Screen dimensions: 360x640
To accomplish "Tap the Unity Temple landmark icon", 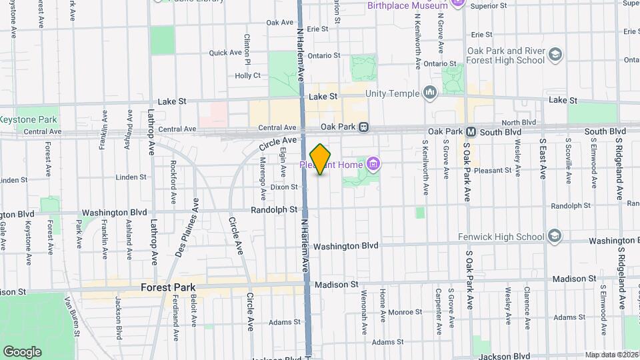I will coord(430,93).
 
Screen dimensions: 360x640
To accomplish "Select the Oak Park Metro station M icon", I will coord(471,131).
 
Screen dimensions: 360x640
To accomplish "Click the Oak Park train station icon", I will coord(363,127).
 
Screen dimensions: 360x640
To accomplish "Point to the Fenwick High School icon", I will coord(554,236).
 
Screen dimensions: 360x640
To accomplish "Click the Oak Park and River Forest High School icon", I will coord(554,55).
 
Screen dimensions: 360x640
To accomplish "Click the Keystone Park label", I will coord(29,120).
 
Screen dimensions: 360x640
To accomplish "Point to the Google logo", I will coord(22,351).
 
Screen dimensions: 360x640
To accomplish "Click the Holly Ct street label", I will coord(247,75).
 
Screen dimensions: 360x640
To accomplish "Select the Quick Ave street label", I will coord(225,53).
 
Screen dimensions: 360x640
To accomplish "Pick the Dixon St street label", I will coord(284,187).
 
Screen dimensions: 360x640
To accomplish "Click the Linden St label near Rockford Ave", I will coord(131,177).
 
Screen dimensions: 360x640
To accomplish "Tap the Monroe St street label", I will coord(401,311).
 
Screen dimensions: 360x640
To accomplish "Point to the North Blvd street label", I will coord(519,123).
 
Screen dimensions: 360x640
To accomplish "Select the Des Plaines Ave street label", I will coord(188,227).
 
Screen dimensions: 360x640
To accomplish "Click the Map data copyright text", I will coord(611,355).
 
